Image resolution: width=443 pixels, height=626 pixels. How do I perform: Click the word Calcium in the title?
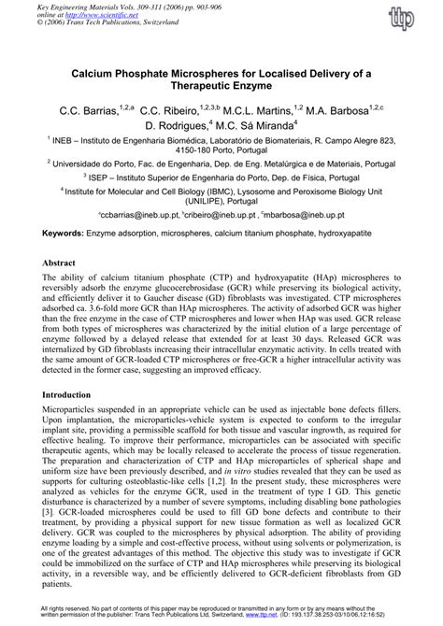point(104,70)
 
